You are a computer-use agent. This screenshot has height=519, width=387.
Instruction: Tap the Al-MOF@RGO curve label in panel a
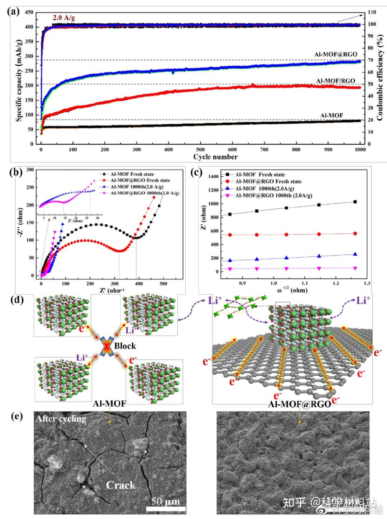click(335, 54)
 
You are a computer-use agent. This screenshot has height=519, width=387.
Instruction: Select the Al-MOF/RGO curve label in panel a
click(335, 81)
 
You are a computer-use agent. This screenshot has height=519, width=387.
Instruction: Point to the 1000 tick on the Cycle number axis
click(359, 149)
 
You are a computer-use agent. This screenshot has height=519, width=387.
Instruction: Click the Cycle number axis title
click(215, 157)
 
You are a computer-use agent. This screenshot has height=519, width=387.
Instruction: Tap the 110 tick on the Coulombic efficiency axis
click(372, 13)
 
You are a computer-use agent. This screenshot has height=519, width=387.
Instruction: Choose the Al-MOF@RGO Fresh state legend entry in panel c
click(268, 181)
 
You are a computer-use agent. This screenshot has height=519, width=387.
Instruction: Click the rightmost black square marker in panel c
click(355, 202)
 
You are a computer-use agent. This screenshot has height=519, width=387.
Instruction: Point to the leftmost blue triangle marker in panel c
click(230, 261)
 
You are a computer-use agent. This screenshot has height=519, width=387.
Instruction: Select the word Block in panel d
click(125, 346)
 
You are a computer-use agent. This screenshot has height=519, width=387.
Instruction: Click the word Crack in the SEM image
click(121, 485)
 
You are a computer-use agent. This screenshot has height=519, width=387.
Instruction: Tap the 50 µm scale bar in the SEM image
click(166, 508)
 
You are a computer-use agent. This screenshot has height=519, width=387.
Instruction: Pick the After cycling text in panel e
click(61, 419)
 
